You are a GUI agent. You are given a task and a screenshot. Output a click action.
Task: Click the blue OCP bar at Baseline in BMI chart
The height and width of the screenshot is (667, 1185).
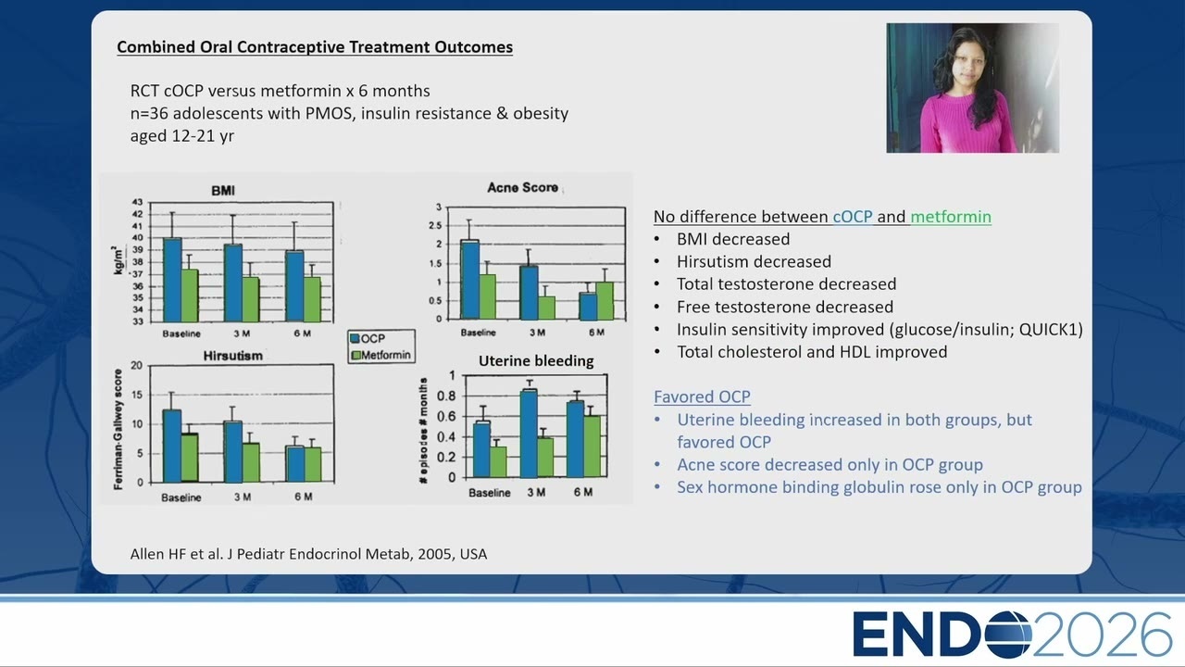(172, 280)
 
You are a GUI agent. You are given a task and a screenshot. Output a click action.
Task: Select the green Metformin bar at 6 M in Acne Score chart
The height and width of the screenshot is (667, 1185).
(605, 301)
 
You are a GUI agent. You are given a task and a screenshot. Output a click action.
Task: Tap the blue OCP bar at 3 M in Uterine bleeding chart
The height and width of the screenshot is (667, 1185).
(529, 434)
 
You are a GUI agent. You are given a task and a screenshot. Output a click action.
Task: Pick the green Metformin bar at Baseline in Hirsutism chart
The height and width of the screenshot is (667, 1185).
(190, 458)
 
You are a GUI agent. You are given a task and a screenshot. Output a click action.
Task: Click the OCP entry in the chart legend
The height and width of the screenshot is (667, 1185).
(368, 339)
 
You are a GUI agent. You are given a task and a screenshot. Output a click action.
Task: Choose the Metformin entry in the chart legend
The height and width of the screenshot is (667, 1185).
(380, 355)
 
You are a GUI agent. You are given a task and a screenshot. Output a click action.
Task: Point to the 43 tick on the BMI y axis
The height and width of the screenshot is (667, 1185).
(138, 202)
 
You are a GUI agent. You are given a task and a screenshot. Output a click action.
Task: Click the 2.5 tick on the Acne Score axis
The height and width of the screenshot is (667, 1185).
(435, 225)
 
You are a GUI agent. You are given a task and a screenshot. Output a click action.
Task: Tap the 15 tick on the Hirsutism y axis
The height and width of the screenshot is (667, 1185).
(136, 395)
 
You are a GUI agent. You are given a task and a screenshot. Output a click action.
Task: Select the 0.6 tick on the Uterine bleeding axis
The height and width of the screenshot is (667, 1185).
(446, 417)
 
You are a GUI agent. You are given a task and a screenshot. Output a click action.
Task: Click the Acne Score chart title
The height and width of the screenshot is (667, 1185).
(523, 187)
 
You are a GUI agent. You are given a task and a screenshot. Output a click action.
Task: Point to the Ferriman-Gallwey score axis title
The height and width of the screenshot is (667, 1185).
(118, 429)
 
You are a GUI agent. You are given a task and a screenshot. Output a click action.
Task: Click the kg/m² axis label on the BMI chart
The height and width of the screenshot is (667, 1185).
(118, 260)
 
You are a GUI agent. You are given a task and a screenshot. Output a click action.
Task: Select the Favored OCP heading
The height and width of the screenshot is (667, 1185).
(702, 396)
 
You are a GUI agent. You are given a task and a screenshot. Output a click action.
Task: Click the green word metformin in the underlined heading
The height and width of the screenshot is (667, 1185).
(951, 217)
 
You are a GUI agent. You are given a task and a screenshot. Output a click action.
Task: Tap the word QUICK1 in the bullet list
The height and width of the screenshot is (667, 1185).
(1051, 329)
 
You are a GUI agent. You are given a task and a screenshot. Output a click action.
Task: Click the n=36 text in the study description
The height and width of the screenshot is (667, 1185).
(149, 113)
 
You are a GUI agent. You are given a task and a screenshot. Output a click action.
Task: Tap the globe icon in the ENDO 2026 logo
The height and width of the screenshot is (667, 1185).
(1008, 635)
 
